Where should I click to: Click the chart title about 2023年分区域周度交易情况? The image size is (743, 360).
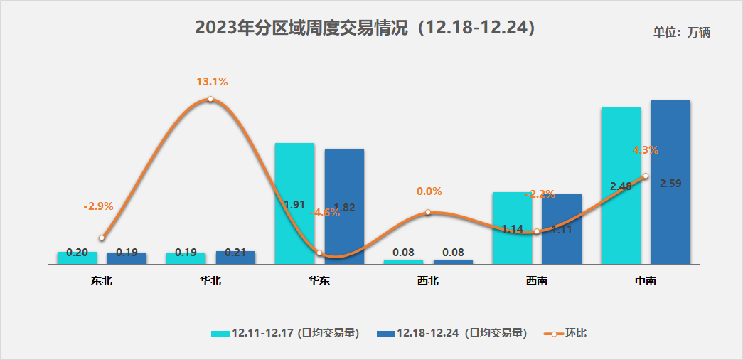pos(365,28)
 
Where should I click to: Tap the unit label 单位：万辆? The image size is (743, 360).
pos(682,32)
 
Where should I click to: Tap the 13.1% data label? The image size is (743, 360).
pos(212,82)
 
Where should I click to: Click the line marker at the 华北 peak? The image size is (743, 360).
pos(210,99)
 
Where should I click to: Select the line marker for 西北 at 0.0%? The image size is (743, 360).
pos(428,212)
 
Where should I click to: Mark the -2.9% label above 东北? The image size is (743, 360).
pos(98,206)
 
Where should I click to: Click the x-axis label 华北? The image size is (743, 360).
pos(210,281)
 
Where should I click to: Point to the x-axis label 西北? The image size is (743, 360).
pos(428,281)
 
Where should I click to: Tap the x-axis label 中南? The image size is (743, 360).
pos(646,281)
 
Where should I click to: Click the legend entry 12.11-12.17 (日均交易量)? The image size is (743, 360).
pos(284,333)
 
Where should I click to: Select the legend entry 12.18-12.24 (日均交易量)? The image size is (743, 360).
pos(451,333)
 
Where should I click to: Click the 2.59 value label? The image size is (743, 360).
pos(671,183)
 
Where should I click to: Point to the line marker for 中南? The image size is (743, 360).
pos(645,176)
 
